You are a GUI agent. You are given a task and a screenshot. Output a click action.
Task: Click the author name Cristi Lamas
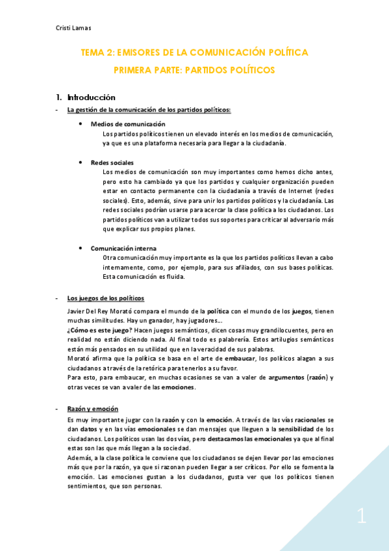[x=73, y=28]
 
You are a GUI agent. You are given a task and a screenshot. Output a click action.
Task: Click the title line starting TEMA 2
[x=194, y=52]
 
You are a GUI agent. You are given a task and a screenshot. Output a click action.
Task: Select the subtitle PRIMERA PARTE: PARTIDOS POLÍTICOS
[x=194, y=69]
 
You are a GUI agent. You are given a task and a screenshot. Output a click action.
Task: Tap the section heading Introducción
[x=90, y=97]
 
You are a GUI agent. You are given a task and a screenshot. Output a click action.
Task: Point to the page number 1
[x=361, y=517]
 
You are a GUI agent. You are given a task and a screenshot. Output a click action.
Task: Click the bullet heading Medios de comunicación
[x=128, y=123]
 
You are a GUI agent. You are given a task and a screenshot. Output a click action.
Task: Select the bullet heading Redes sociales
[x=112, y=162]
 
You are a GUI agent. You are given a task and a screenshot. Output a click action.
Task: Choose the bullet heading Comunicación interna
[x=123, y=248]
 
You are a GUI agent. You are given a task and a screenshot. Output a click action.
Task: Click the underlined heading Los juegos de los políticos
[x=106, y=298]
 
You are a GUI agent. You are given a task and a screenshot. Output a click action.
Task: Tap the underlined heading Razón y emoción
[x=93, y=409]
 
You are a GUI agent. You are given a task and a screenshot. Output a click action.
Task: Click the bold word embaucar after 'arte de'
[x=240, y=358]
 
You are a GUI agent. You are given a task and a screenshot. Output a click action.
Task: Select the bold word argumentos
[x=290, y=378]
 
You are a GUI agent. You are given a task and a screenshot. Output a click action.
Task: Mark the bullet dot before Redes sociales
[x=80, y=162]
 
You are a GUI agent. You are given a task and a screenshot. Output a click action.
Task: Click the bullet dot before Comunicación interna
[x=80, y=248]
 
